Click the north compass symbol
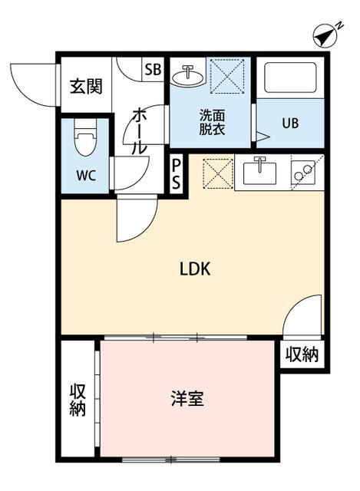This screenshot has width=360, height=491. click(327, 35)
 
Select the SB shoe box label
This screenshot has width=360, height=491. click(153, 69)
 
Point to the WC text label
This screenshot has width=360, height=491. click(85, 174)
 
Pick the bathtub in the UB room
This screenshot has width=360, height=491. click(290, 79)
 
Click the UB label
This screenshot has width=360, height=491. click(290, 123)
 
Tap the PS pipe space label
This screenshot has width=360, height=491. click(177, 173)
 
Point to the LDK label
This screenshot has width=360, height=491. click(195, 269)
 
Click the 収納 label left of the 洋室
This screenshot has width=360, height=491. click(78, 399)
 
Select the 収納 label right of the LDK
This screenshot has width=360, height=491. click(302, 354)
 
